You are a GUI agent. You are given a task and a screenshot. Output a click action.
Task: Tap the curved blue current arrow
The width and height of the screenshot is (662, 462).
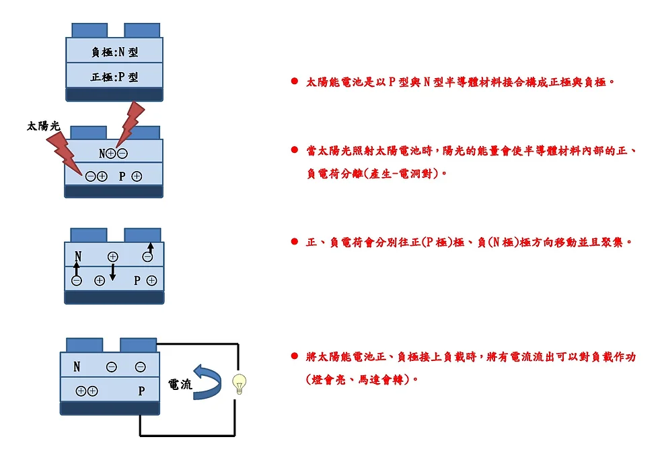(x=207, y=381)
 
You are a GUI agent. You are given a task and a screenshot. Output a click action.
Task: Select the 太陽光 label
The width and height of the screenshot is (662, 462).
(x=43, y=126)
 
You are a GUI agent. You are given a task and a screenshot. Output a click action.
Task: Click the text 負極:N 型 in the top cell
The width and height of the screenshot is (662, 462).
(x=114, y=52)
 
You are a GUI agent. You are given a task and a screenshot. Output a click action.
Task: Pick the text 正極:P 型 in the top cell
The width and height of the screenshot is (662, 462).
(x=114, y=77)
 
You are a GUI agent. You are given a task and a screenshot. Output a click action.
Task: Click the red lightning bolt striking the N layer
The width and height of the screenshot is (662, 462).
(x=129, y=123)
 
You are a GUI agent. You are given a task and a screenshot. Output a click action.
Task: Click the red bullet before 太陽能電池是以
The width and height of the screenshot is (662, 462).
(x=294, y=81)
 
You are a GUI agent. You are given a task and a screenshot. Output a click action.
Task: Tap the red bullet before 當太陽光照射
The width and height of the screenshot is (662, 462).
(x=294, y=150)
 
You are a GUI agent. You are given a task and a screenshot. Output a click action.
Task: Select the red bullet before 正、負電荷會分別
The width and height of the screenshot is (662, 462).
(x=294, y=241)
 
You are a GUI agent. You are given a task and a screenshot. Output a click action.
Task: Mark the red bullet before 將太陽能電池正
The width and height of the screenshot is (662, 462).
(x=294, y=356)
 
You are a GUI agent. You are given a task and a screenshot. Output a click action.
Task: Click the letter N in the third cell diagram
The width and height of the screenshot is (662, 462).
(x=78, y=257)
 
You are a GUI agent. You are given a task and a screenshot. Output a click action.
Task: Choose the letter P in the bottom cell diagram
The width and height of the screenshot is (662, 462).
(x=141, y=391)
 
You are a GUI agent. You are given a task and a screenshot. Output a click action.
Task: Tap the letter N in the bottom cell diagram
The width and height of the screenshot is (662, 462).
(x=77, y=367)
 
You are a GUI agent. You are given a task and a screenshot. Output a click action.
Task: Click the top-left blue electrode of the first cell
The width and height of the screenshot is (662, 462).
(x=89, y=30)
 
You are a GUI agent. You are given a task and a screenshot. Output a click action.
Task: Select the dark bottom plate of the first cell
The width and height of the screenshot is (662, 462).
(x=114, y=94)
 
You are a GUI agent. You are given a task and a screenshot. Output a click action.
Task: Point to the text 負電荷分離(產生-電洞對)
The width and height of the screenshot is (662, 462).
(x=377, y=174)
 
